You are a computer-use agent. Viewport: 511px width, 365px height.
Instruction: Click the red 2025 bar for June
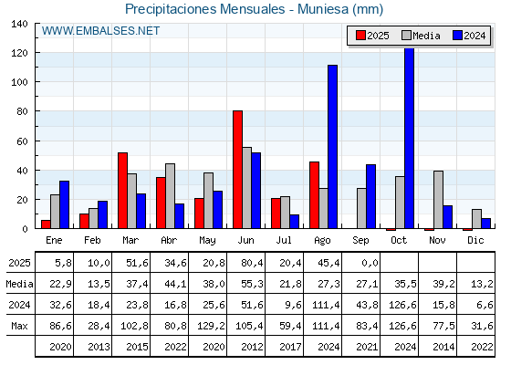coord(237,170)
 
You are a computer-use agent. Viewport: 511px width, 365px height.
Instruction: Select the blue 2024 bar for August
coord(333,147)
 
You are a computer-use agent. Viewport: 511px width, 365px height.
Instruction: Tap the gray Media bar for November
coord(438,200)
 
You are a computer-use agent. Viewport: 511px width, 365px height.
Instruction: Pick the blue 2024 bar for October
coord(410,139)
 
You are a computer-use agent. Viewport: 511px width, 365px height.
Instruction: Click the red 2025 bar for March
coord(122,191)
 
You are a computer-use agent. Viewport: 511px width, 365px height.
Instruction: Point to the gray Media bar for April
coord(170,196)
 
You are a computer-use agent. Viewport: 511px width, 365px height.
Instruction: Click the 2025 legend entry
coord(372,36)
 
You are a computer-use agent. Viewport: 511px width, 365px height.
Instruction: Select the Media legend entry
coord(421,36)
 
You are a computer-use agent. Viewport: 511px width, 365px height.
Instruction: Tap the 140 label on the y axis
coord(20,24)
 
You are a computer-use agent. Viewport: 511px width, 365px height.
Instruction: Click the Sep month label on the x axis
coord(360,241)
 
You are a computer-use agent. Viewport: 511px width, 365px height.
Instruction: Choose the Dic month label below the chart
coord(475,240)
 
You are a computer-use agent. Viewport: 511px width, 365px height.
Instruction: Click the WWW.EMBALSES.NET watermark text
coord(100,31)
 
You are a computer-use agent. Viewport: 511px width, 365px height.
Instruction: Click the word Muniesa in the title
coord(323,9)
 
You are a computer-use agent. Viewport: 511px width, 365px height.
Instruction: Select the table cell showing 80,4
coord(253,263)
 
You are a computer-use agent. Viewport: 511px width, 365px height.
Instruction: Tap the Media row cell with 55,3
coord(253,284)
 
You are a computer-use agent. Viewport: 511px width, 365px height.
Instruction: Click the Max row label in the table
coord(19,326)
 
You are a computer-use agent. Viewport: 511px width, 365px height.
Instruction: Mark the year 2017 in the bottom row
coord(290,347)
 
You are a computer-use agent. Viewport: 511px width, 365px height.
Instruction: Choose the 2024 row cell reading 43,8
coord(367,305)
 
